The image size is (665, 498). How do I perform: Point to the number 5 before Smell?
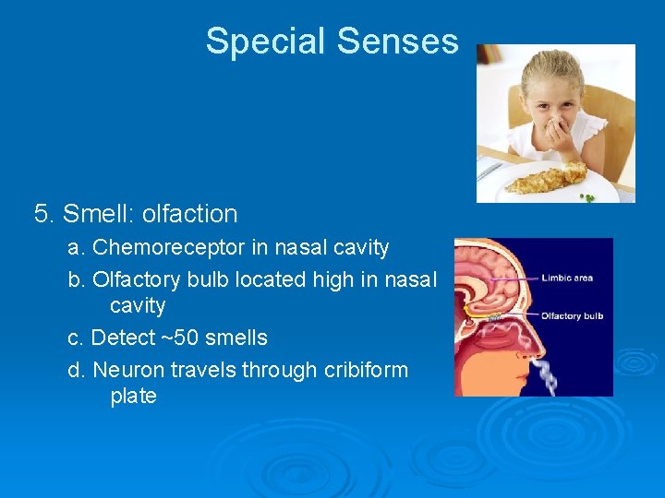(41, 214)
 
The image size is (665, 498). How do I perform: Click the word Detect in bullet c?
(122, 338)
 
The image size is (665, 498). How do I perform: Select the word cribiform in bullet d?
(366, 370)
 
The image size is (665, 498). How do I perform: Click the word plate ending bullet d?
(133, 397)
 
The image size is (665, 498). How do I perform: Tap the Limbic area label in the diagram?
(567, 278)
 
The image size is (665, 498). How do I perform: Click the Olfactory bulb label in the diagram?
(572, 316)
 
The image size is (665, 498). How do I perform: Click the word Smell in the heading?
(97, 214)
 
